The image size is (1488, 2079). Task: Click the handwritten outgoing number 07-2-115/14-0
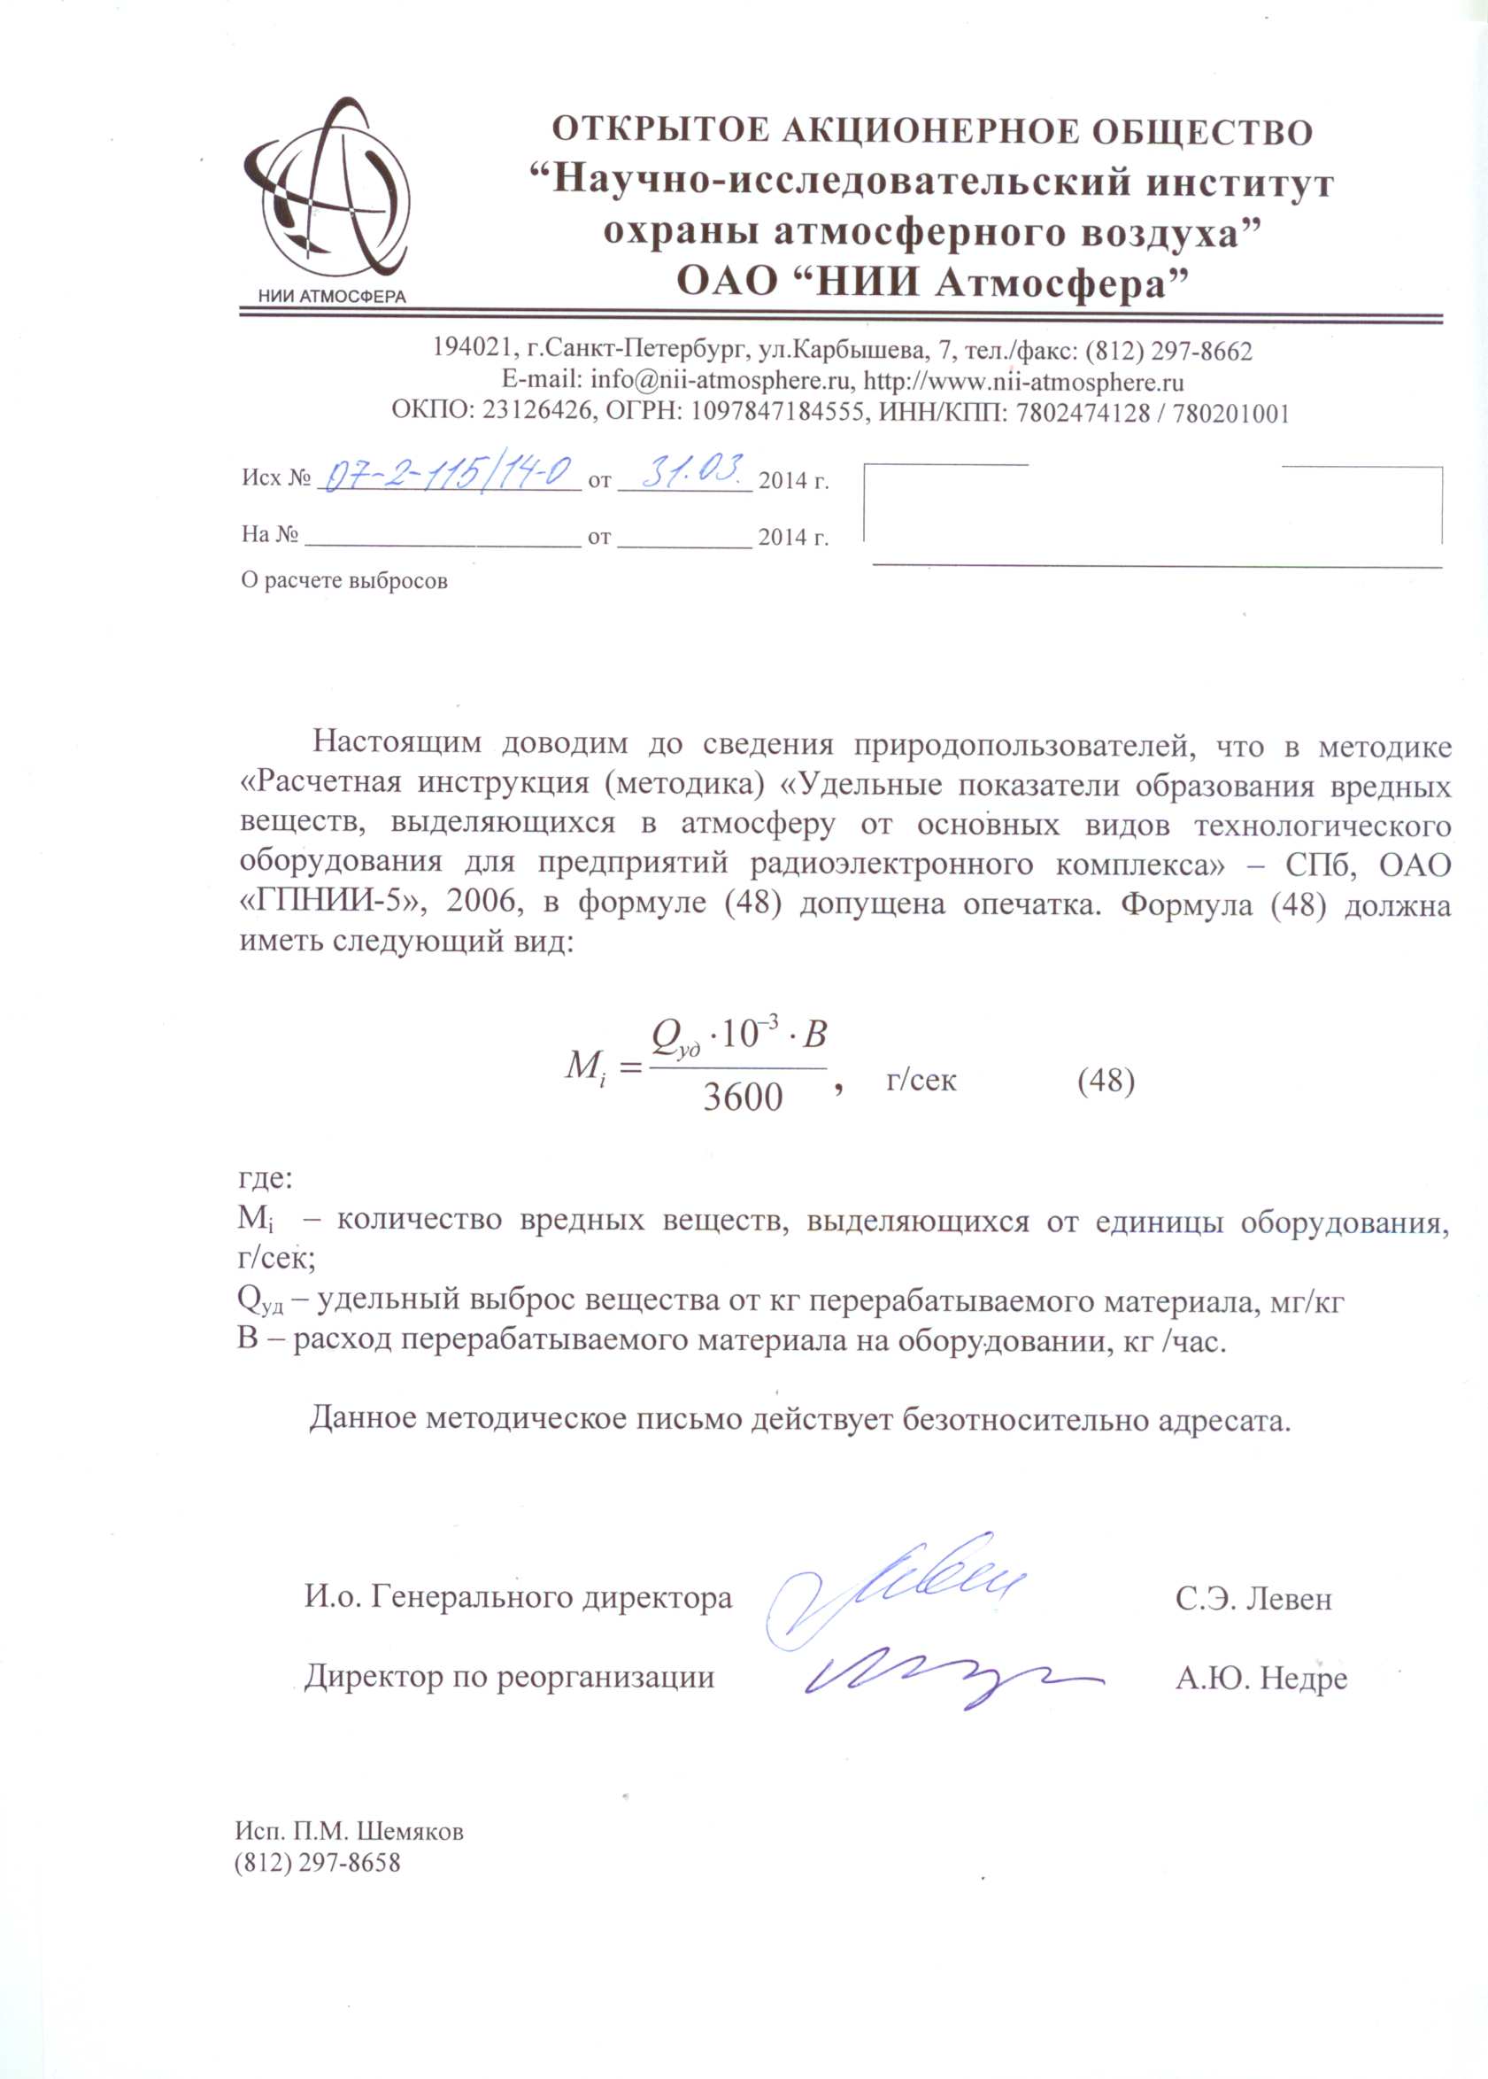coord(448,475)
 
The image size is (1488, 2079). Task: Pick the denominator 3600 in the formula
coord(742,1098)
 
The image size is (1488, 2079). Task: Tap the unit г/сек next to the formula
coord(921,1081)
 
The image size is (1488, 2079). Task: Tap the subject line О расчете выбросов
coord(344,580)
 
